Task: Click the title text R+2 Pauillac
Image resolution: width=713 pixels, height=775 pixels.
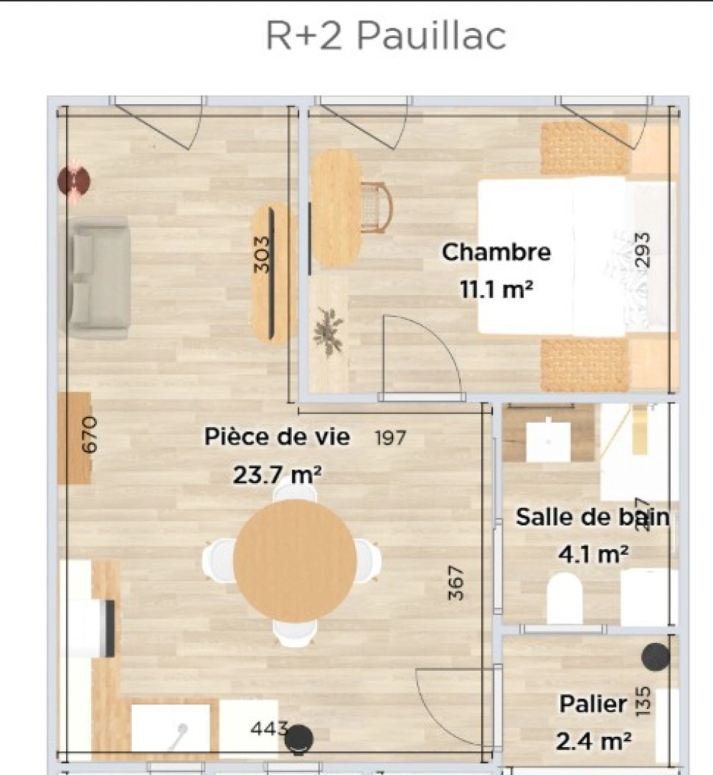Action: coord(385,37)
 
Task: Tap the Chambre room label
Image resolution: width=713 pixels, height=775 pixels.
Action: coord(496,253)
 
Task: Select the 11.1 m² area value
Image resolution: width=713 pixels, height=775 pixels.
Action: coord(496,289)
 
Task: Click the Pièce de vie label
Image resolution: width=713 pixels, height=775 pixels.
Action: coord(277,436)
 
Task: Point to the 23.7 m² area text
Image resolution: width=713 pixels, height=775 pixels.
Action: coord(277,474)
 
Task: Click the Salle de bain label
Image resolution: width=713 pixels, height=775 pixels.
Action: coord(592,517)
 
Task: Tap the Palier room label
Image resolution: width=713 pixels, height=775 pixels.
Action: coord(592,704)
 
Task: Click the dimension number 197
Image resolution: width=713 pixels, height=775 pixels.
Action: coord(391,437)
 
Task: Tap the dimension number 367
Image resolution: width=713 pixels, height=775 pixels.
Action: coord(456,583)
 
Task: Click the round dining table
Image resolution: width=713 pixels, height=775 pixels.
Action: coord(295,560)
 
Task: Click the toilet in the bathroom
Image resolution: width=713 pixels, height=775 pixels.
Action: coord(564,598)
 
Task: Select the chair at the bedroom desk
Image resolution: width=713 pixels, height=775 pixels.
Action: coord(376,207)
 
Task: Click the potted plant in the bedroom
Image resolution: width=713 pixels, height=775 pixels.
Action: coord(329,332)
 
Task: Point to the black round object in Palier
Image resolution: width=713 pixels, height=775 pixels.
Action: coord(655,657)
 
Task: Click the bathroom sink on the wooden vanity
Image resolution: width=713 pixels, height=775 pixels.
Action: coord(548,441)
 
